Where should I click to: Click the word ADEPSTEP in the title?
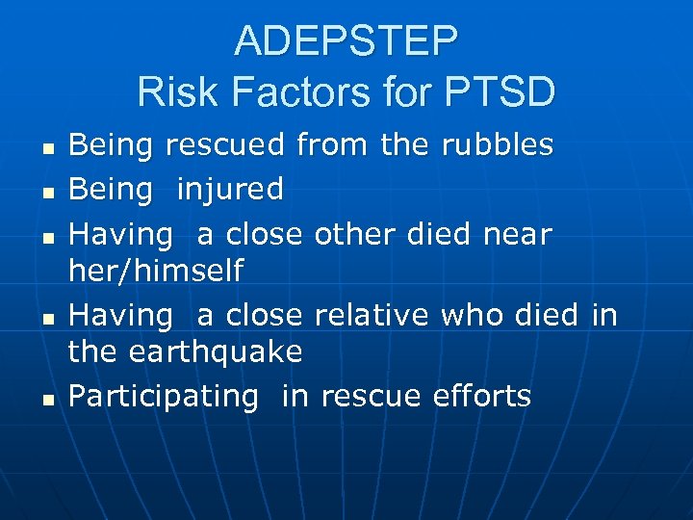[346, 41]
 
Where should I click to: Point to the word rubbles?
[497, 145]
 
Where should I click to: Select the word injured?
[229, 190]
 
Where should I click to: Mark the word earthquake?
[213, 352]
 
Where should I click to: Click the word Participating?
[164, 396]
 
